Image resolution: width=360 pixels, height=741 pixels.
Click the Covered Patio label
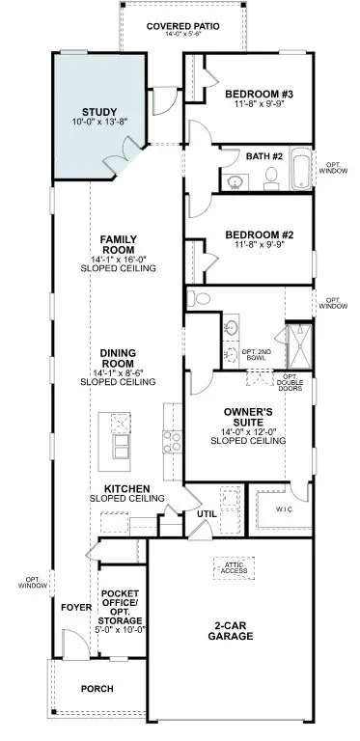[181, 25]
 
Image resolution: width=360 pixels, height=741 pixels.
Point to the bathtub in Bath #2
[301, 170]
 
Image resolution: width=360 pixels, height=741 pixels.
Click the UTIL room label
[206, 514]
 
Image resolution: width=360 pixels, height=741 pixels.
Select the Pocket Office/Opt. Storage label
[122, 611]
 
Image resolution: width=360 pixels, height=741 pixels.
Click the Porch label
[97, 689]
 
